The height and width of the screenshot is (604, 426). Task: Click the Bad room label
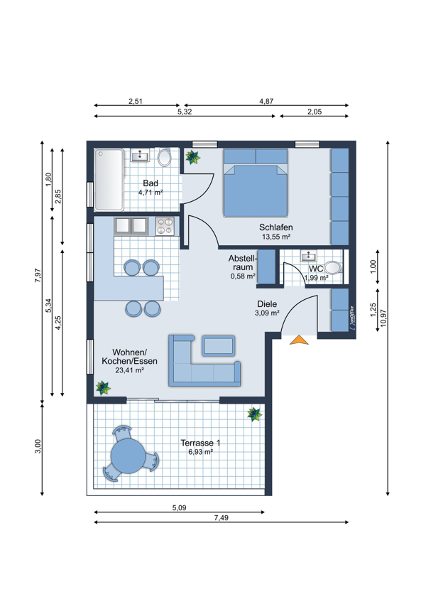(151, 183)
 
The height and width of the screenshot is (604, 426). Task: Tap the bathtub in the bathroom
(109, 180)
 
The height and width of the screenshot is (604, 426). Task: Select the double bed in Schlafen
(256, 183)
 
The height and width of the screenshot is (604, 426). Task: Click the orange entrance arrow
(299, 340)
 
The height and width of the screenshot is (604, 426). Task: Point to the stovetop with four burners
(165, 226)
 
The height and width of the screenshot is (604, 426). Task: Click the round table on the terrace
(128, 456)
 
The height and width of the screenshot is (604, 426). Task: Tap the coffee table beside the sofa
(218, 345)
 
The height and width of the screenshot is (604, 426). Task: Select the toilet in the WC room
(333, 267)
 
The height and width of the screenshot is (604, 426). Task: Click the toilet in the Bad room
(165, 157)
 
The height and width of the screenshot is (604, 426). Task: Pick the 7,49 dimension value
(222, 518)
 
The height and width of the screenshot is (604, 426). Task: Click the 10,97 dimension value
(383, 318)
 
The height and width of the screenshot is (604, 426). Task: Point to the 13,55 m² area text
(276, 237)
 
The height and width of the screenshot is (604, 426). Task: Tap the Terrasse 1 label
(200, 443)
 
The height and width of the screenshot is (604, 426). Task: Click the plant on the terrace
(254, 414)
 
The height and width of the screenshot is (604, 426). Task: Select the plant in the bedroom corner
(192, 157)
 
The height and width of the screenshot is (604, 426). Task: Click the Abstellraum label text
(242, 262)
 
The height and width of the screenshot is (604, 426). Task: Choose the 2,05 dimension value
(315, 112)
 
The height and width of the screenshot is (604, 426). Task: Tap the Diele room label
(267, 304)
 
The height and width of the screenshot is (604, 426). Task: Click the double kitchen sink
(131, 226)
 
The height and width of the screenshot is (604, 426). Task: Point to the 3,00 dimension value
(38, 446)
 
